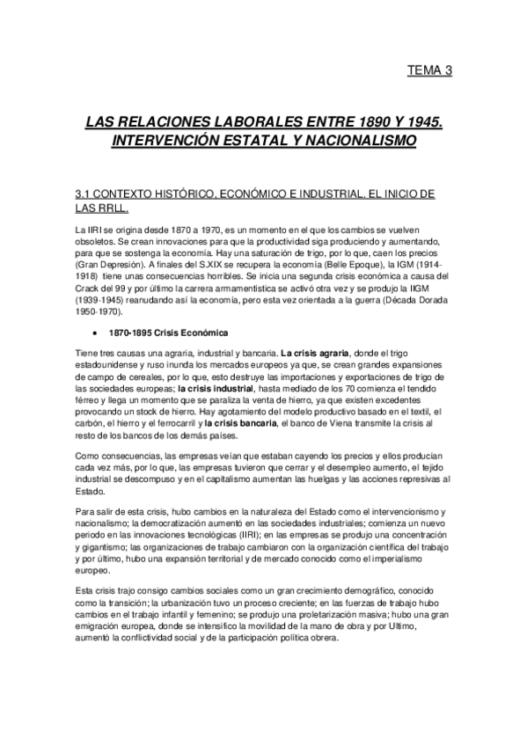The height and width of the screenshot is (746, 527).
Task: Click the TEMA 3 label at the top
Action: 430,71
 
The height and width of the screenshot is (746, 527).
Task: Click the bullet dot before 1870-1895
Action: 94,333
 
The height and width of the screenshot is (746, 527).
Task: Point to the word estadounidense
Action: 113,368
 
